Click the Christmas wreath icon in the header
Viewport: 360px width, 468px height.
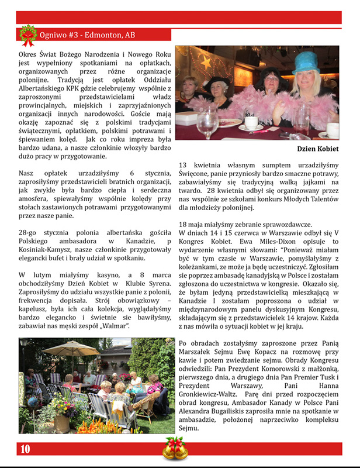click(27, 35)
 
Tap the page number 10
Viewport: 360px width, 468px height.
click(25, 449)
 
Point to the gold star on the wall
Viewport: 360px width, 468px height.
click(206, 60)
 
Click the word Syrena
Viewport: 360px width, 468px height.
click(144, 285)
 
